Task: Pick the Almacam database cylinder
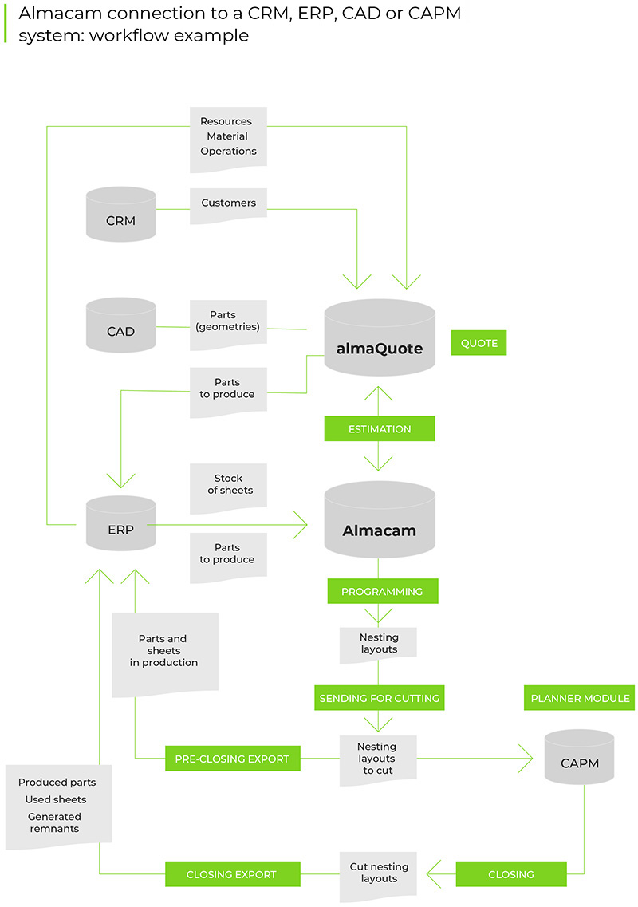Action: click(380, 523)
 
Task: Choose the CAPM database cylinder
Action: click(579, 757)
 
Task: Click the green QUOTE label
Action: click(478, 343)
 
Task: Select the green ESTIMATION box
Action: click(380, 429)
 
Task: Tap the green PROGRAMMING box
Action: click(382, 591)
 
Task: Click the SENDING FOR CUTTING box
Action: click(379, 698)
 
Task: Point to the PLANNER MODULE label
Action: click(580, 698)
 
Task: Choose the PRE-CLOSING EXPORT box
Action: click(232, 759)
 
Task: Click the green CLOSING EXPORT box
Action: click(232, 874)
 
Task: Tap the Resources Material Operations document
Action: click(228, 137)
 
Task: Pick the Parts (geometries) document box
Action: click(228, 321)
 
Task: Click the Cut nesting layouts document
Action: click(379, 874)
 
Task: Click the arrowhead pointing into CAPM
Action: click(525, 758)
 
